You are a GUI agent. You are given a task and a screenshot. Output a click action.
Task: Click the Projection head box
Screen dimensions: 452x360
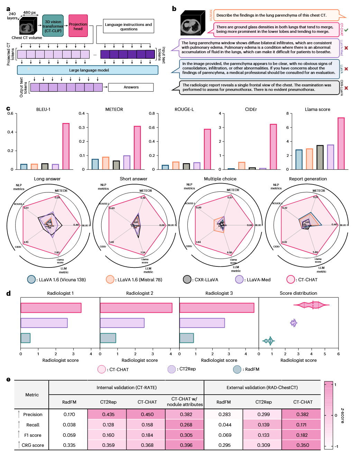(78, 26)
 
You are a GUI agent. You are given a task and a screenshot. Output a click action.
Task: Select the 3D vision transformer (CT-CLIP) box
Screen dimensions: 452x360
(53, 26)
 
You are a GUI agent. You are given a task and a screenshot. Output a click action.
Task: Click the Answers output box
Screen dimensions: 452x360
(131, 87)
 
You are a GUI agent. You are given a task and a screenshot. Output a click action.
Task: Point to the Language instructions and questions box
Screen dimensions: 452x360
(128, 27)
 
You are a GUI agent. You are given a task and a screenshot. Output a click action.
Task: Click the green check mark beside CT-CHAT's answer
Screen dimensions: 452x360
(346, 30)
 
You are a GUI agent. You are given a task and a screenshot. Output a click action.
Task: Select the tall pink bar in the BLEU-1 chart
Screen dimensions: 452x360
(66, 146)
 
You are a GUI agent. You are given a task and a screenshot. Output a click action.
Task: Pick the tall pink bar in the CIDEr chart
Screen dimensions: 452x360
(273, 147)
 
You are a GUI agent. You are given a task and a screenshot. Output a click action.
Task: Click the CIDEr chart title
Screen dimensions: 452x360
(251, 110)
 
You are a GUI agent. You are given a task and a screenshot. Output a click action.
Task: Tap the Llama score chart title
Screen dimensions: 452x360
(317, 110)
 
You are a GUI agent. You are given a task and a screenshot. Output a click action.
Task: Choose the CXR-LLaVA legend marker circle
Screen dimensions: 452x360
(187, 279)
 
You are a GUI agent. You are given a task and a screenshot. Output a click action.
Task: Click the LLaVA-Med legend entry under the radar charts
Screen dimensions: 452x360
(253, 280)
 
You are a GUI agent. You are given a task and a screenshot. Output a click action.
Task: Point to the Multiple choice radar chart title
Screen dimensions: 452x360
(220, 179)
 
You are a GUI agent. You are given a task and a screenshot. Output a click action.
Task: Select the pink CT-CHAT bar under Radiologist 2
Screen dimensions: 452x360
(136, 308)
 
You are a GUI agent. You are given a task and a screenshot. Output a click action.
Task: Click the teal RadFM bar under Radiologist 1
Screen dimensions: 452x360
(26, 338)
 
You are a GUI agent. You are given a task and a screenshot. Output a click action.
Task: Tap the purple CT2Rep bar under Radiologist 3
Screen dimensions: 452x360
(202, 323)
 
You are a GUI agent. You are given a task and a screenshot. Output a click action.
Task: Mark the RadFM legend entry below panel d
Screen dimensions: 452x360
(246, 369)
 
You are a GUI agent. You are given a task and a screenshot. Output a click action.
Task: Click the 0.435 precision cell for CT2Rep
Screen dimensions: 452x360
(108, 414)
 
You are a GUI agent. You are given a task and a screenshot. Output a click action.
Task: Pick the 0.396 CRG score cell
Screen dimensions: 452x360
(186, 445)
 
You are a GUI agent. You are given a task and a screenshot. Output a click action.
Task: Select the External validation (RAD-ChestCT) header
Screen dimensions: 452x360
(262, 388)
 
